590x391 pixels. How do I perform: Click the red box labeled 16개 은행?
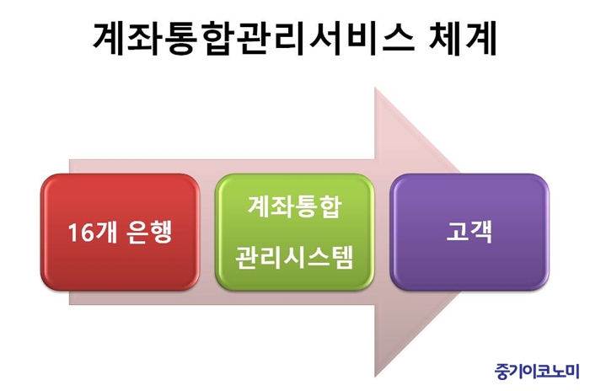pyautogui.click(x=120, y=232)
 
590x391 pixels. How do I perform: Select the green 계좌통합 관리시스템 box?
pyautogui.click(x=295, y=232)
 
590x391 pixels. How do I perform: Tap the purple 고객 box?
pyautogui.click(x=469, y=232)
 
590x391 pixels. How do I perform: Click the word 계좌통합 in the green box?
pyautogui.click(x=295, y=206)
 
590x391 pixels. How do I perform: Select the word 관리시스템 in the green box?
pyautogui.click(x=295, y=257)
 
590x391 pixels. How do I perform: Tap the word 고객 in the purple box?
pyautogui.click(x=469, y=232)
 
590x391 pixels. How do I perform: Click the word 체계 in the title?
pyautogui.click(x=463, y=39)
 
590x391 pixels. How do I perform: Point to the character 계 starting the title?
pyautogui.click(x=110, y=39)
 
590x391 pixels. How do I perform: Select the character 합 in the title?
pyautogui.click(x=213, y=39)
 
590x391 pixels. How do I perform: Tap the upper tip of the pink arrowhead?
pyautogui.click(x=375, y=88)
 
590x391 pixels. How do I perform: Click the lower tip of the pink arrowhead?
pyautogui.click(x=375, y=377)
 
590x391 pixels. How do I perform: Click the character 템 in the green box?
pyautogui.click(x=342, y=257)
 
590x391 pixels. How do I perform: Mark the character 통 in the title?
pyautogui.click(x=179, y=39)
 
